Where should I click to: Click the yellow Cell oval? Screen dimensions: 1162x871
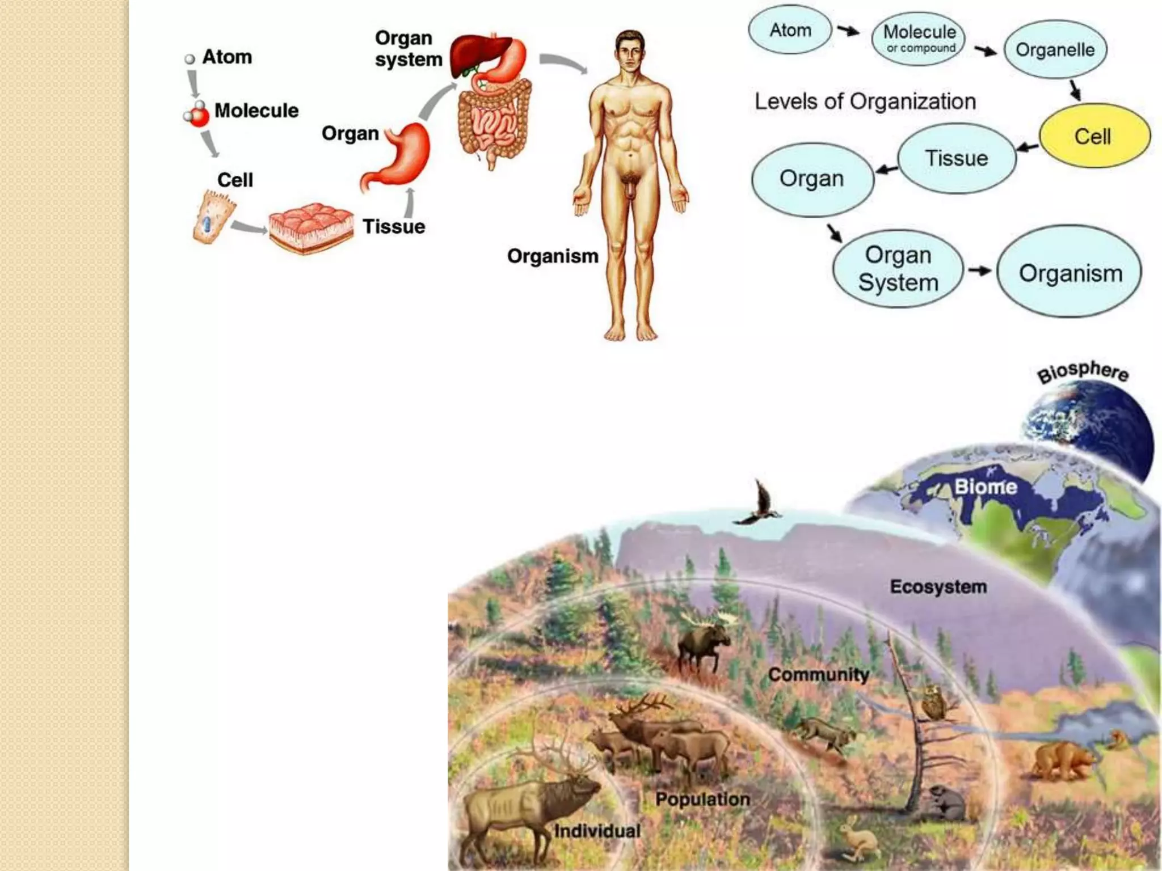pos(1094,136)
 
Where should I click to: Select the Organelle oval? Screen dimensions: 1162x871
pos(1055,50)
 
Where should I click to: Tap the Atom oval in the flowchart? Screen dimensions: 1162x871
pos(790,30)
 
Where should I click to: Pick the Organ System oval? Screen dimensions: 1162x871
pos(898,269)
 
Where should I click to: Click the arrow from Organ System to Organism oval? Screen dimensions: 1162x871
pos(979,271)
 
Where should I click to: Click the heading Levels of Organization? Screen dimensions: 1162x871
pos(865,102)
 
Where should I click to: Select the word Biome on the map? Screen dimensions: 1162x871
pos(986,487)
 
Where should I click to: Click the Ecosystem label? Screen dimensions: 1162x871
pos(938,587)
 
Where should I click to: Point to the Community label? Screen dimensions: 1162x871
pos(818,675)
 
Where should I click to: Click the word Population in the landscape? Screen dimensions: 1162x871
pos(702,800)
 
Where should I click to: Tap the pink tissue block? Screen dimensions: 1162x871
pos(310,227)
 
